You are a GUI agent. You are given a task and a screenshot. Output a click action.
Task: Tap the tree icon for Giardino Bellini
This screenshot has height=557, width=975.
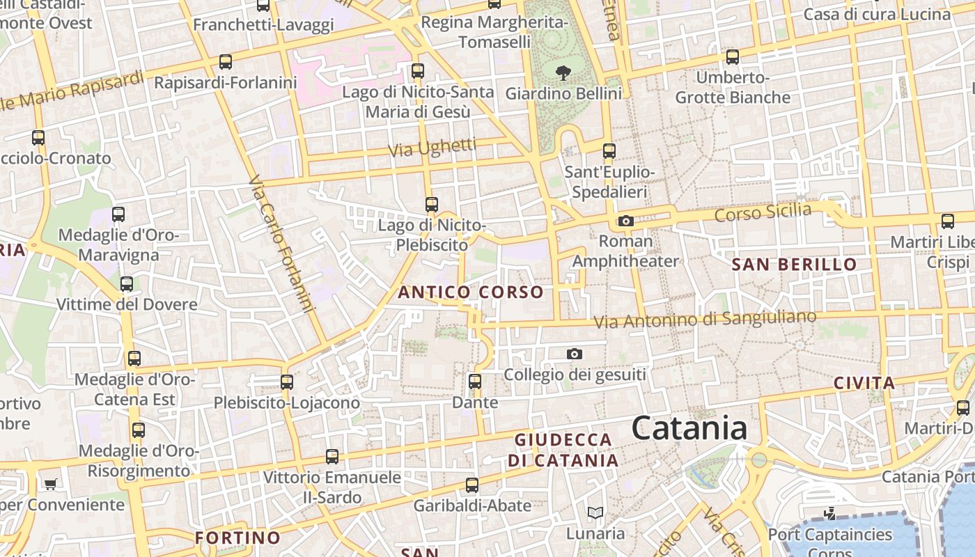[x=563, y=72]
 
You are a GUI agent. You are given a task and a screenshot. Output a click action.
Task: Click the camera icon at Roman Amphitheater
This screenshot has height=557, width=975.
[x=625, y=221]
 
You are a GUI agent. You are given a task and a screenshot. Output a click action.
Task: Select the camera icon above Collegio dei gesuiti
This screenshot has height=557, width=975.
[x=574, y=354]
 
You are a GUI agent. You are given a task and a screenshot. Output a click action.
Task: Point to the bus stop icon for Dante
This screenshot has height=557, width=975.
[x=475, y=382]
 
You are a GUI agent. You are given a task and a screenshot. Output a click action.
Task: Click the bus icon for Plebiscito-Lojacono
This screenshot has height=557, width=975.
[x=286, y=382]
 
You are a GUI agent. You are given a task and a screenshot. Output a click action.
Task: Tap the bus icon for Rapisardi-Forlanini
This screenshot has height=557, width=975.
[x=225, y=62]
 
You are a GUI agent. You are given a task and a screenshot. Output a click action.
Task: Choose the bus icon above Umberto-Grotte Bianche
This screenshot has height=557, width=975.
[x=732, y=57]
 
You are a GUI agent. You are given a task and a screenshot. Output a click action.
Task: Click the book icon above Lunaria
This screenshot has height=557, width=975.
[x=595, y=513]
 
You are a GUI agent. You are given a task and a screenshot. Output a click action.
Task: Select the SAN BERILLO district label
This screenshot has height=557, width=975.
[x=794, y=265]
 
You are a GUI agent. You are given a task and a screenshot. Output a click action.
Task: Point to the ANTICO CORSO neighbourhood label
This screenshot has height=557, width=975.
[x=471, y=292]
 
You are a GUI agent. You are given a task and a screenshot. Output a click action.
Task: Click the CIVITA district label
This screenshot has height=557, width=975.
[x=864, y=383]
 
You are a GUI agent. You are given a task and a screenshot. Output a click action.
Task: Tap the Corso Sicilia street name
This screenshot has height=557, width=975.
[x=763, y=213]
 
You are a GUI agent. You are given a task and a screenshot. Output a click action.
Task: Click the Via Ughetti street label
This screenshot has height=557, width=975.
[x=432, y=148]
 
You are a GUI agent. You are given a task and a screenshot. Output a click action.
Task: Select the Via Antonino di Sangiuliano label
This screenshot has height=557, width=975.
[x=704, y=320]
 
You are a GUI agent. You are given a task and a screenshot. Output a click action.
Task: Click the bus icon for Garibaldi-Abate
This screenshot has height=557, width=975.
[x=471, y=485]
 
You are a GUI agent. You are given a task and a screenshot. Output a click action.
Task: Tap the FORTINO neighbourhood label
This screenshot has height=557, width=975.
[x=237, y=538]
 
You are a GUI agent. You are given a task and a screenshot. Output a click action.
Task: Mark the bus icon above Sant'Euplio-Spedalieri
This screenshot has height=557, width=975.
[x=609, y=151]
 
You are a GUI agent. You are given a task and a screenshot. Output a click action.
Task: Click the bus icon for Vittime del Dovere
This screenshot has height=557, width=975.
[x=126, y=284]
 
